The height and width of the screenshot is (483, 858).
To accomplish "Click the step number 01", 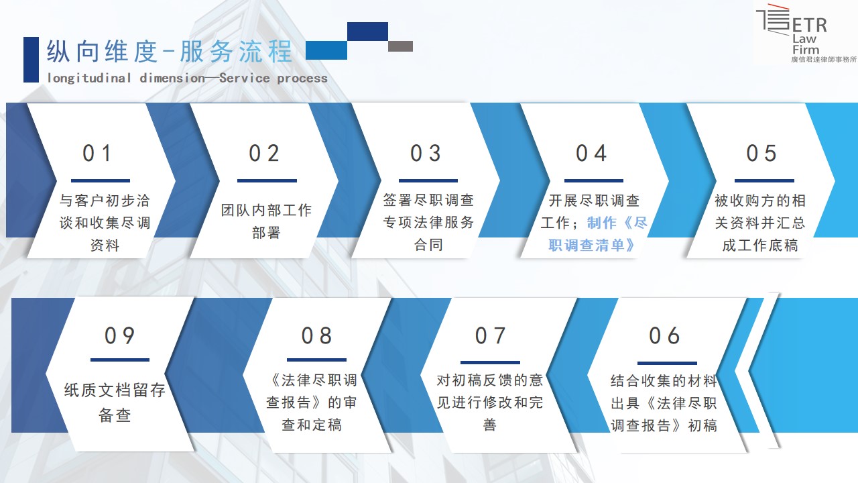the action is pyautogui.click(x=97, y=154).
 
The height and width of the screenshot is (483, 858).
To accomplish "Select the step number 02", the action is pyautogui.click(x=264, y=154).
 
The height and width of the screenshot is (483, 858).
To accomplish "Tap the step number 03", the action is pyautogui.click(x=426, y=154).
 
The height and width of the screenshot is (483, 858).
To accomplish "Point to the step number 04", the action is pyautogui.click(x=591, y=154).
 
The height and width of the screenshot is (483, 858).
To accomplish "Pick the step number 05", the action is pyautogui.click(x=761, y=154).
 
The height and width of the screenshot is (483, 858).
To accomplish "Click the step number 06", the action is pyautogui.click(x=664, y=336).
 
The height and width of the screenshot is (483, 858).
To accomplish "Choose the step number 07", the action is pyautogui.click(x=490, y=336).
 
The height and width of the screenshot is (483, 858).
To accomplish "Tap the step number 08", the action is pyautogui.click(x=316, y=336).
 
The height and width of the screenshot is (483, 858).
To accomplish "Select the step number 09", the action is pyautogui.click(x=119, y=336).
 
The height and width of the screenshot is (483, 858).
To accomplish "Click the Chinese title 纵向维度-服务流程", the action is pyautogui.click(x=170, y=52).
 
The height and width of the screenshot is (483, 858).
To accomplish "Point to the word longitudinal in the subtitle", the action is pyautogui.click(x=89, y=78).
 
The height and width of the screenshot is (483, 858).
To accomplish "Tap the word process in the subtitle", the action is pyautogui.click(x=302, y=78).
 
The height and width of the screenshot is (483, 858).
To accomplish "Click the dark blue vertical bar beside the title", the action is pyautogui.click(x=31, y=60).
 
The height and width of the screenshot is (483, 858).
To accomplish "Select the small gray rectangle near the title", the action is pyautogui.click(x=400, y=46).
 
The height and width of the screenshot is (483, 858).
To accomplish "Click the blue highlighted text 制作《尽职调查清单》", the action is pyautogui.click(x=597, y=234).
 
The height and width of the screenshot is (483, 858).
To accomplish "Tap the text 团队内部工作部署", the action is pyautogui.click(x=266, y=221).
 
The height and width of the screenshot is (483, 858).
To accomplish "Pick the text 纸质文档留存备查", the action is pyautogui.click(x=115, y=402).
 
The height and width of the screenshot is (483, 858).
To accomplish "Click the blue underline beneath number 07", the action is pyautogui.click(x=490, y=362).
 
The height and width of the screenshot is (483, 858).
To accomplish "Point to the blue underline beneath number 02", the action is pyautogui.click(x=267, y=180).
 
